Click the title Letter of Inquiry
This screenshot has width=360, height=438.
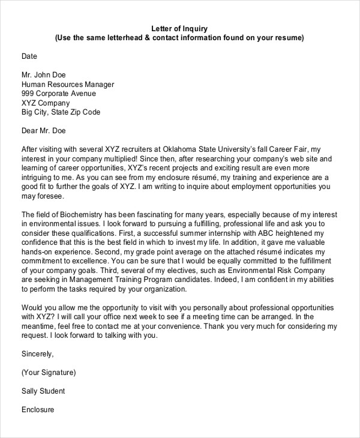click(179, 28)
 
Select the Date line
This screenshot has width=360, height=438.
click(29, 56)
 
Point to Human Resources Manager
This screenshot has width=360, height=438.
click(67, 85)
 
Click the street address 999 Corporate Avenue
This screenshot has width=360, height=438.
click(58, 94)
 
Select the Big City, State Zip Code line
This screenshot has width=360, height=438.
click(61, 112)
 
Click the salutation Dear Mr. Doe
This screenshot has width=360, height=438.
click(43, 131)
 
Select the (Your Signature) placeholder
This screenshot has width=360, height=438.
click(49, 373)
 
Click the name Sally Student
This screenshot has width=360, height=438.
click(43, 391)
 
